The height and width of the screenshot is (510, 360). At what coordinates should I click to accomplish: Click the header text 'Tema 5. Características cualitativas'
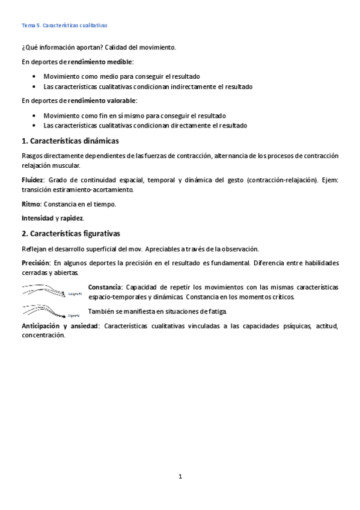(64, 26)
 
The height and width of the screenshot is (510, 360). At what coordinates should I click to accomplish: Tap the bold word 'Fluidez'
(33, 180)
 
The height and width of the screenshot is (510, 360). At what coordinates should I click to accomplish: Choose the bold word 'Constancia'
(105, 287)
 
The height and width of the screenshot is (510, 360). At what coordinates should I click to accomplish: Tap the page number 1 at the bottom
(180, 476)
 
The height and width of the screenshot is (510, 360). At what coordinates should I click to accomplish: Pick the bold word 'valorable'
(120, 100)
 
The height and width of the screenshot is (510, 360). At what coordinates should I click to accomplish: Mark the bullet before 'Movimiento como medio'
(35, 76)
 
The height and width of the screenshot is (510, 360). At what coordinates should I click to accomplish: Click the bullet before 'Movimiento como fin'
(35, 115)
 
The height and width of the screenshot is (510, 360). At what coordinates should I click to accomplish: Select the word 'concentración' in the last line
(43, 336)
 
